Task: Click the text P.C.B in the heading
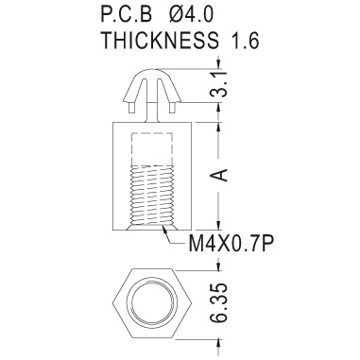[x=127, y=14]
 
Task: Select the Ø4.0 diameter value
[x=191, y=14]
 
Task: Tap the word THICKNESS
[x=160, y=41]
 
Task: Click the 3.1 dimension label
[x=222, y=84]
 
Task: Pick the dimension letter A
[x=222, y=175]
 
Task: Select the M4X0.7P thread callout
[x=231, y=243]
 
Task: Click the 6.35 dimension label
[x=219, y=303]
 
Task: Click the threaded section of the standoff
[x=152, y=196]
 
